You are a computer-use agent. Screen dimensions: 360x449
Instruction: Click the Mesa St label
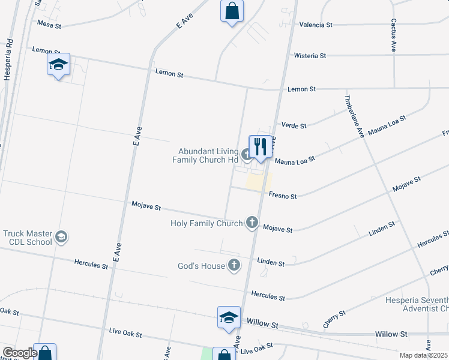coord(49,25)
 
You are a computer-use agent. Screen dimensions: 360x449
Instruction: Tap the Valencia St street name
coord(316,25)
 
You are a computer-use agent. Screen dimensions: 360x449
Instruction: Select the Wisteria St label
coord(310,56)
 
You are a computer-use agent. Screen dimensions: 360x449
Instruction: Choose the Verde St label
coord(294,126)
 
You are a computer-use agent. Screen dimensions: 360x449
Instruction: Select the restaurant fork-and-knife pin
coord(260,147)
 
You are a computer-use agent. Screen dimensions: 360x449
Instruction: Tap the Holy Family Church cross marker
coord(252,223)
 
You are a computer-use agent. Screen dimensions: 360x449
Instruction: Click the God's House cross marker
coord(234,265)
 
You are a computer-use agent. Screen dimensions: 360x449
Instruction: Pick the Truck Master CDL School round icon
coord(61,238)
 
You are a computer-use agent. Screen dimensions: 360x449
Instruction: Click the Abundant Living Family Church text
coord(205,155)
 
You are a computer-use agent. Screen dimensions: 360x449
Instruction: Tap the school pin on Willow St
coord(229,318)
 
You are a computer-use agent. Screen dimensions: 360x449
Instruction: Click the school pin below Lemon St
coord(58,65)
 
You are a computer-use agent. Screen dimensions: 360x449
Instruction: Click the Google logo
coord(19,353)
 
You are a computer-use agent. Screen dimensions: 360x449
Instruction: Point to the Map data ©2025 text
coord(423,355)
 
